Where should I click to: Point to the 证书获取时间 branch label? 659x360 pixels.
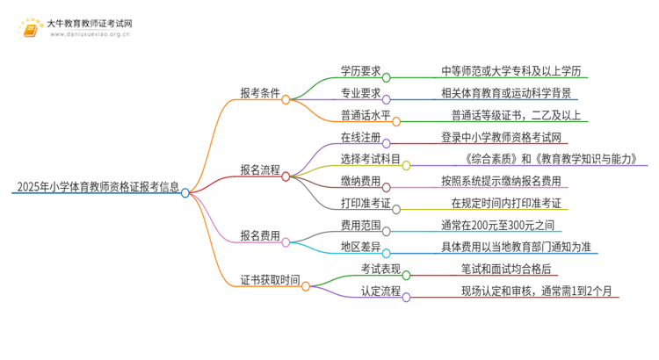click(269, 281)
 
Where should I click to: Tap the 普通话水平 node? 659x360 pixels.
click(365, 115)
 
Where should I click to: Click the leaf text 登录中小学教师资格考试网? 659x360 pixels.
click(503, 137)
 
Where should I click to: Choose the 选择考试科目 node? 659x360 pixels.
click(370, 159)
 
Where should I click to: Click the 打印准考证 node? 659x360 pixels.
click(365, 203)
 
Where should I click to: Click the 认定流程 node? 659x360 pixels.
click(380, 291)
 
